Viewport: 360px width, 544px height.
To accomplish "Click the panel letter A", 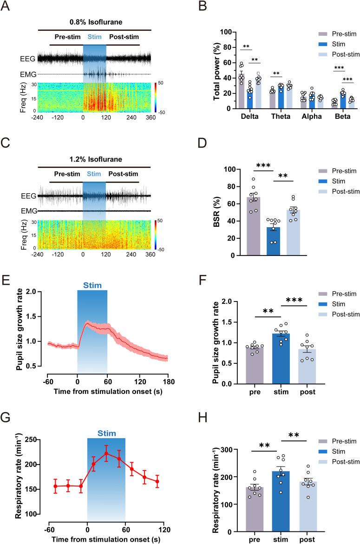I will coord(6,6).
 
